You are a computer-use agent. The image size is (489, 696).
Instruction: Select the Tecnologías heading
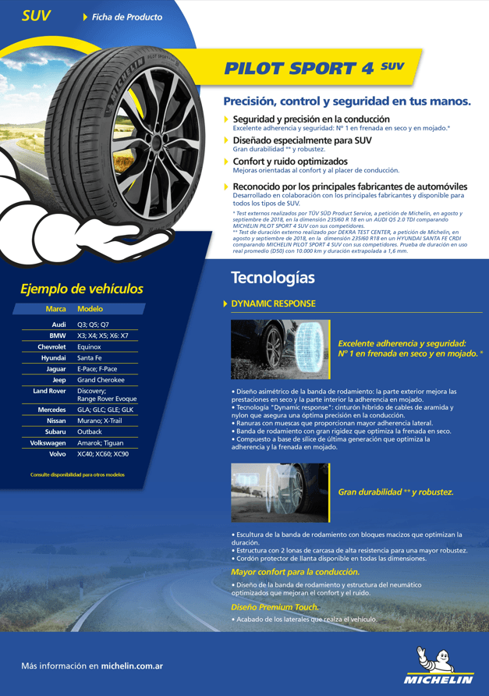coord(273,278)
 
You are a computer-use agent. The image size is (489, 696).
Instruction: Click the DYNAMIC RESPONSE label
coord(273,304)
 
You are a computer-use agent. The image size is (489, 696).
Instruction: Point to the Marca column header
coord(55,309)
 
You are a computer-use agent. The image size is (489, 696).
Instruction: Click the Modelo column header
coord(90,309)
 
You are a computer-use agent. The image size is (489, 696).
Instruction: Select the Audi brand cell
coord(58,324)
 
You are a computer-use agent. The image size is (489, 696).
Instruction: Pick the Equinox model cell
coord(89,346)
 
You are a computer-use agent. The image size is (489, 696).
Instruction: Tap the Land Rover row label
coord(50,391)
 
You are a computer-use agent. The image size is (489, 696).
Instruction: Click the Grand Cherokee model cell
coord(101,380)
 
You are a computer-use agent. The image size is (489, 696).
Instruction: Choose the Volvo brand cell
coord(58,453)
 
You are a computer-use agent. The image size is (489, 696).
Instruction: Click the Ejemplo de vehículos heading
coord(82,289)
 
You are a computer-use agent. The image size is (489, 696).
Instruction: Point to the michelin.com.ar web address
coord(132,666)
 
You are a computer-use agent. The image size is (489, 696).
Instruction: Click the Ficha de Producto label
coord(127,16)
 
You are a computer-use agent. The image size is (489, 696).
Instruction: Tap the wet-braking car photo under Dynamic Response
coord(269,349)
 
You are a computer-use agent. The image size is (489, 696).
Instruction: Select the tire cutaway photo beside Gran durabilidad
coord(269,492)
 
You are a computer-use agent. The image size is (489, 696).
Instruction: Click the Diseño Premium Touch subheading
coord(275,606)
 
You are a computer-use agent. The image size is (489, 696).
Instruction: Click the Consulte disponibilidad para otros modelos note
coord(77,474)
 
